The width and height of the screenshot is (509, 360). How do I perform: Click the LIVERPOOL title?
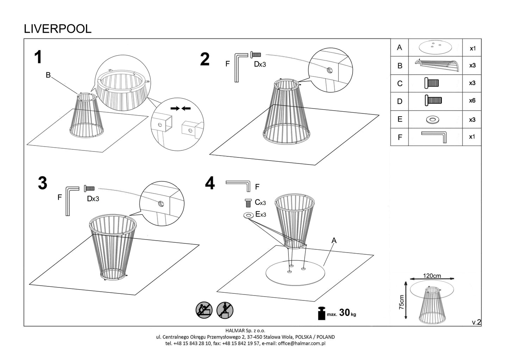pos(58,29)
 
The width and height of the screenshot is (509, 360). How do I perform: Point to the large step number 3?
pos(43,183)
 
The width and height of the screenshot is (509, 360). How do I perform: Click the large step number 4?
pos(210,183)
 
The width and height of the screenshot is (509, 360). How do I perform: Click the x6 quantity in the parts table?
pos(472,101)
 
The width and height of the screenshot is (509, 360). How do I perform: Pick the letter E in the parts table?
pos(399,119)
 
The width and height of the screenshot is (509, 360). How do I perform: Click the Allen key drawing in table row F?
pos(434,136)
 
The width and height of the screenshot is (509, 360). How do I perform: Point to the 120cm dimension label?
pos(432,276)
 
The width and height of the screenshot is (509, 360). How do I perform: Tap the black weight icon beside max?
pos(322,313)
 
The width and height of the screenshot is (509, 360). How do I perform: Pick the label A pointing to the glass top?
pos(334,241)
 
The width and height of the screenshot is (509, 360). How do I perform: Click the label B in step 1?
pos(48,75)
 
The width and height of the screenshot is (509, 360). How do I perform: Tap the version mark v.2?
pos(476,322)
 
